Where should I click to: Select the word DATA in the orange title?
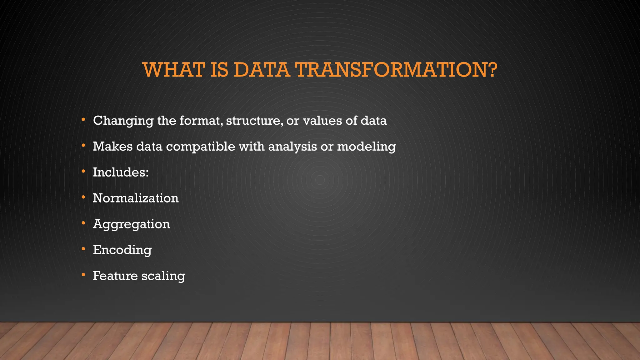[x=261, y=70]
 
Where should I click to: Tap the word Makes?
[x=112, y=146]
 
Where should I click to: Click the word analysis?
[x=292, y=147]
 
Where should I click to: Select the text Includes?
[x=121, y=172]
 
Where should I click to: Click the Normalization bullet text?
[x=136, y=198]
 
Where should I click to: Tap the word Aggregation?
[x=131, y=224]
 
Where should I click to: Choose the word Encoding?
[x=122, y=250]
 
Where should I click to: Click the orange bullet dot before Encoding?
[x=83, y=249]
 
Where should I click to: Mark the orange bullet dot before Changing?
[x=83, y=120]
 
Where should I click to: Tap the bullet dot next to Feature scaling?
[x=83, y=275]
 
